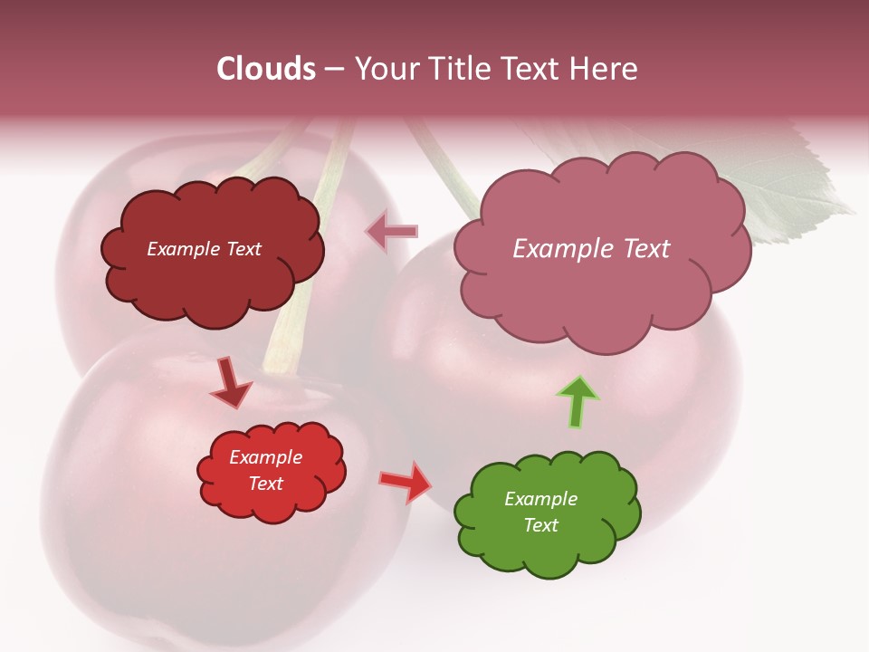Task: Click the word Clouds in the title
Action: coord(265,69)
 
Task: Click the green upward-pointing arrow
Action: coord(578,401)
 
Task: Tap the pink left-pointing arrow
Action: coord(392,231)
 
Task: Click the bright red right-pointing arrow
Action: coord(406,482)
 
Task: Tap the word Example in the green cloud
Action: coord(540,499)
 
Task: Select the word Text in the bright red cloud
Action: coord(265,484)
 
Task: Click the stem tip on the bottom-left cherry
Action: coord(282,367)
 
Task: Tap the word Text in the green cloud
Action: coord(540,525)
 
